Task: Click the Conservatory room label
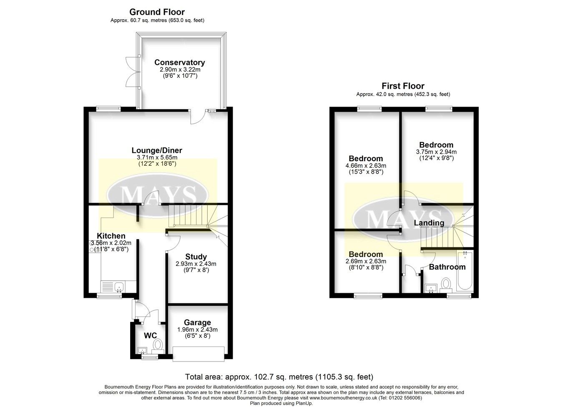179,62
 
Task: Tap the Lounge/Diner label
157,150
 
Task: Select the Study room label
196,257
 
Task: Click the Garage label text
197,322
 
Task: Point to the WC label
150,335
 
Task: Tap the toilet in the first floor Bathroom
446,285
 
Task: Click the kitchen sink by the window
118,287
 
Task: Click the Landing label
429,223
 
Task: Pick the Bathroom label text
447,267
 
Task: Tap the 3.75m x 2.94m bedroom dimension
436,152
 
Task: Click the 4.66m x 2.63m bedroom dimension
366,165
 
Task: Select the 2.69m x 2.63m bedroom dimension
366,261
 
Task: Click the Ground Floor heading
157,12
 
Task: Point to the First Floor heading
403,86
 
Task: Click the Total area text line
279,377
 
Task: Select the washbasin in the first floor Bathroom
430,287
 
